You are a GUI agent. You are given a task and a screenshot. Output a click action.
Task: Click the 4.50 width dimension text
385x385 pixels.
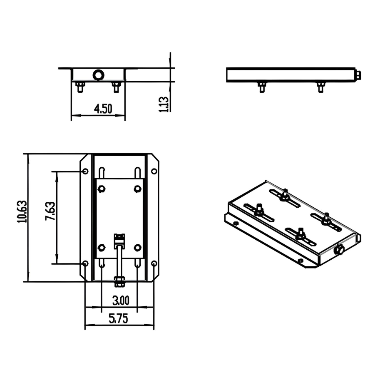tap(103, 109)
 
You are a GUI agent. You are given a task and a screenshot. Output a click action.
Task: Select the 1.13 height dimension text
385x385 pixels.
tap(164, 104)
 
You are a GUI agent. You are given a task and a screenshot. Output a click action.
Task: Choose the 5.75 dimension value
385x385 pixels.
tap(119, 319)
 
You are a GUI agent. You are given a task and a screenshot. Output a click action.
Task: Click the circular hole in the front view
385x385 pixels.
tap(99, 75)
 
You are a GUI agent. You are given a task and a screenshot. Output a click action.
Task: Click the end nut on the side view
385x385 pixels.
tap(358, 75)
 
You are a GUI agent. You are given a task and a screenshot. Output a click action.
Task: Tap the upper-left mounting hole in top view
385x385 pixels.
tap(85, 171)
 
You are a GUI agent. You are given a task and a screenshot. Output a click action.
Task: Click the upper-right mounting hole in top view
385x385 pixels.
tap(154, 171)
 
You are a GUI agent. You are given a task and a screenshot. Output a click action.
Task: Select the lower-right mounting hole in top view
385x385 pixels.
tap(154, 263)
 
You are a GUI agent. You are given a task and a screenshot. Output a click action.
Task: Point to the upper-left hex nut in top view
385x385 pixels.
tap(101, 189)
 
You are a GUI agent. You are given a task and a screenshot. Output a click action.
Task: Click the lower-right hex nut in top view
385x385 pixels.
tap(137, 248)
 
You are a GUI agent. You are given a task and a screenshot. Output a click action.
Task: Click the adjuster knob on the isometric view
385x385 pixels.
tap(338, 251)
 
